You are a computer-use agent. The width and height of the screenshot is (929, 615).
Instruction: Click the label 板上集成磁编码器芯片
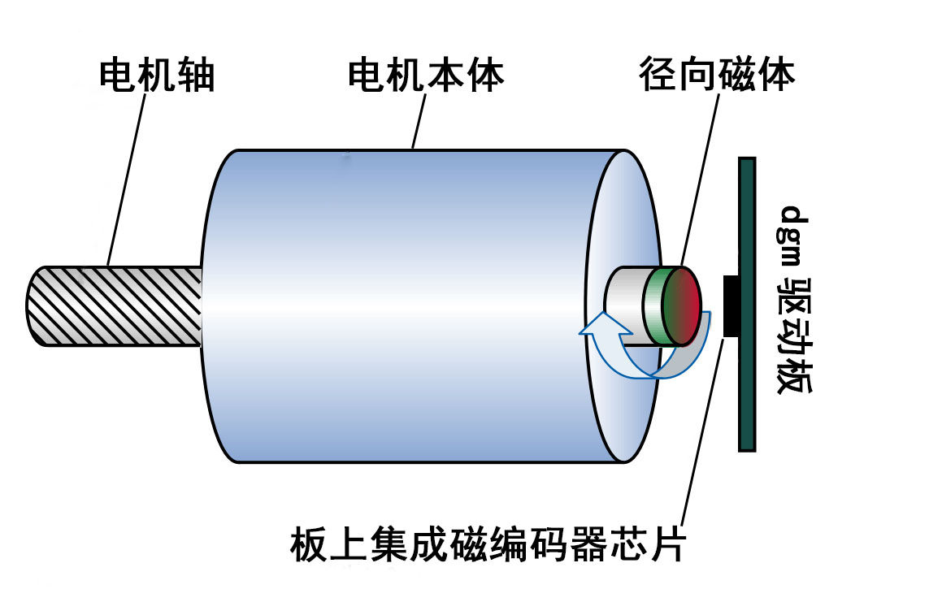pos(488,545)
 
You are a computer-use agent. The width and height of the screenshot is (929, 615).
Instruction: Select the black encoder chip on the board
pos(730,305)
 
